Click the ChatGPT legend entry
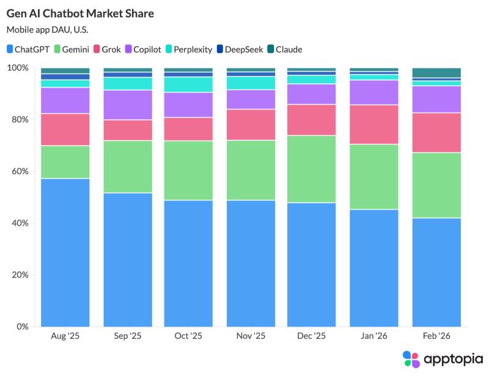coord(29,49)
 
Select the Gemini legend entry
coord(72,49)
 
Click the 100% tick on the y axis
coord(18,68)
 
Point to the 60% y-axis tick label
coord(20,171)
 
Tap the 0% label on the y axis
coord(22,326)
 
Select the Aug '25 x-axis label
coord(65,336)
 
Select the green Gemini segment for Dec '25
coord(312,169)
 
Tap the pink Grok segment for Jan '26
coord(373,125)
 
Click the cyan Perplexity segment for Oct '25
coord(188,84)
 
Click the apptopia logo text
coord(451,358)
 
